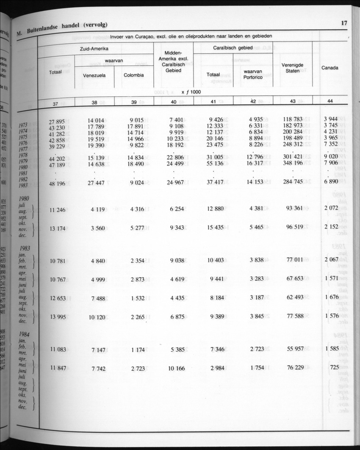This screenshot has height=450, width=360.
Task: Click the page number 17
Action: (x=344, y=23)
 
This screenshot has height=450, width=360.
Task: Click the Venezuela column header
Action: (x=94, y=75)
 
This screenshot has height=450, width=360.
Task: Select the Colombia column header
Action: (x=133, y=75)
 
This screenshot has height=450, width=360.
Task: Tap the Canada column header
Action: (x=330, y=67)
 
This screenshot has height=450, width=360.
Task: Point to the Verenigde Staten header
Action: (x=292, y=68)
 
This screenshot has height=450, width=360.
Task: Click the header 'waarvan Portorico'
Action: (x=253, y=75)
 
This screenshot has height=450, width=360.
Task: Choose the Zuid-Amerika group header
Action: (x=94, y=49)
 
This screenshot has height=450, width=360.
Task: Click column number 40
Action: (x=174, y=102)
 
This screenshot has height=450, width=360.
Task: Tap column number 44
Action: (x=330, y=101)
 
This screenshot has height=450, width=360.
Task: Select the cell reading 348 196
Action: (x=292, y=163)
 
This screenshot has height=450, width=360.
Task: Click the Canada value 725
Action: (x=334, y=367)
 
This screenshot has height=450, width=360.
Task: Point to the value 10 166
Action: (x=176, y=368)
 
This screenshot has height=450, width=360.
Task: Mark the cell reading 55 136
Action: (x=215, y=164)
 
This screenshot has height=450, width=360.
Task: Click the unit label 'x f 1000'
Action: (x=192, y=92)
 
